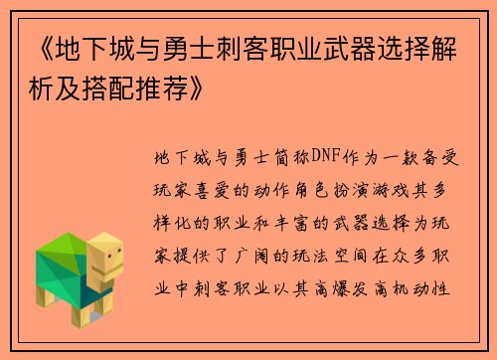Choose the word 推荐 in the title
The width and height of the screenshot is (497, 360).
161,93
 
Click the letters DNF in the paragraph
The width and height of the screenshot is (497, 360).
327,158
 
